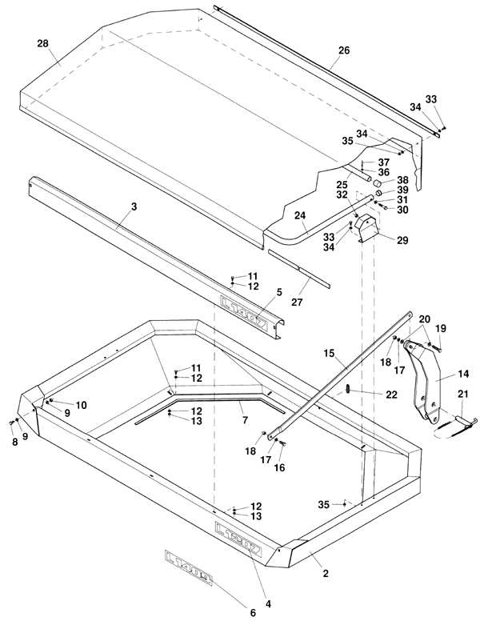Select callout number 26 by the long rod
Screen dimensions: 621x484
point(343,50)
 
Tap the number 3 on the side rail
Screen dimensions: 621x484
point(134,206)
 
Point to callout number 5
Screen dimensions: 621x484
point(278,293)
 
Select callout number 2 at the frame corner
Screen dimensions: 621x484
point(326,573)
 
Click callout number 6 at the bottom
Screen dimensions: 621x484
point(253,613)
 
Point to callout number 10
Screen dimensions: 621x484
point(81,405)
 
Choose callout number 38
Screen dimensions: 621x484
point(402,180)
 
